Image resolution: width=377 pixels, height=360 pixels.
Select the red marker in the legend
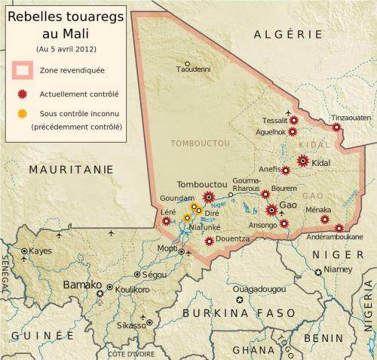click(x=23, y=95)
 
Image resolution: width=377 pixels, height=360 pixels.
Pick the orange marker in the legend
click(x=23, y=114)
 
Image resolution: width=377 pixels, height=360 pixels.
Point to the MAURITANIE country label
click(x=66, y=171)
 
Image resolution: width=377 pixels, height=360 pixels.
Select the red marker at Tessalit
click(x=294, y=120)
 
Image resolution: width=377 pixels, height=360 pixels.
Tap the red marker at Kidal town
click(x=302, y=160)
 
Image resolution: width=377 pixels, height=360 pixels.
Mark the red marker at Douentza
click(x=208, y=241)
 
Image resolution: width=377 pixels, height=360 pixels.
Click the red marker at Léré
click(x=166, y=222)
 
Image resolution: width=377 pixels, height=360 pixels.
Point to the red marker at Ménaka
click(x=324, y=219)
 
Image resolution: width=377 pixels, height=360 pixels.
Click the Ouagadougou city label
click(x=259, y=289)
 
